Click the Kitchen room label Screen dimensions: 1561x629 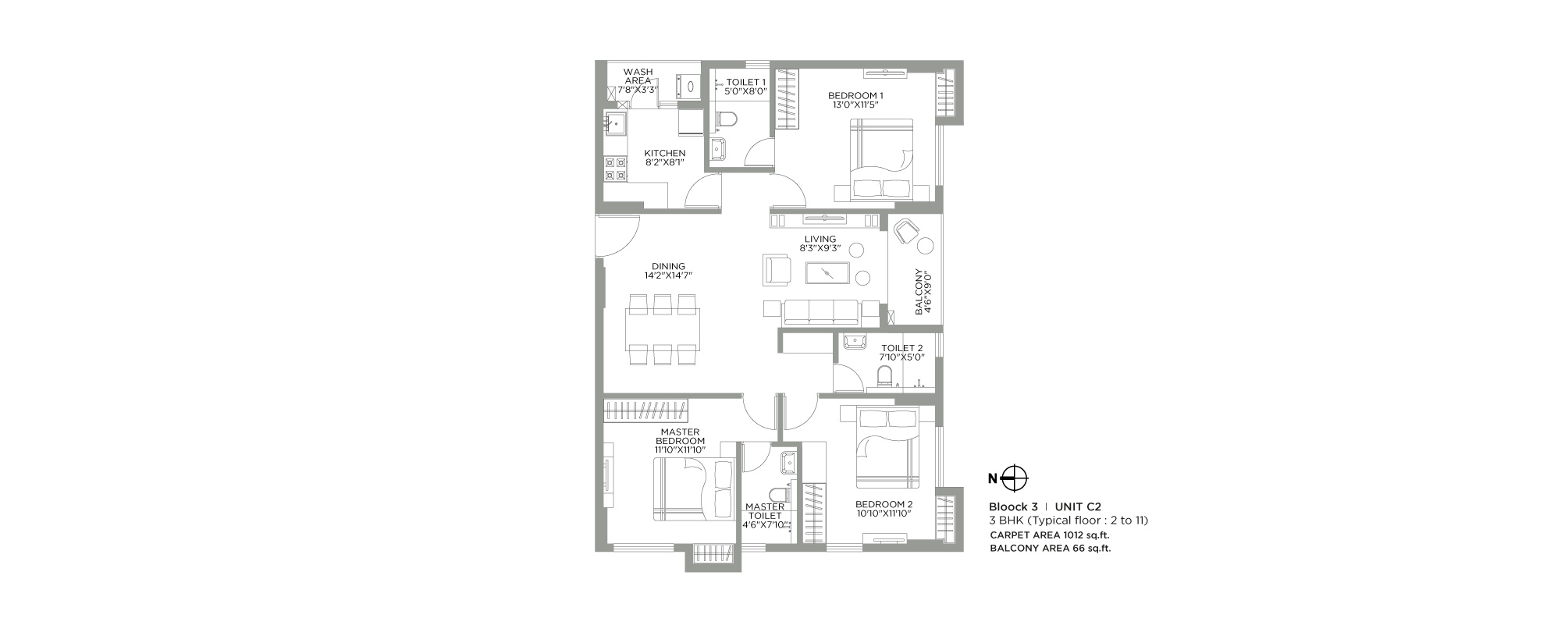coord(665,153)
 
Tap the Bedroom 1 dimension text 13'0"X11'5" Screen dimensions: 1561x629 coord(856,105)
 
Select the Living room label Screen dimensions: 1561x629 coord(820,239)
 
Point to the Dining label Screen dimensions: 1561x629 coord(669,266)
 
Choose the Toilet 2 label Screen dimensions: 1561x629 coord(902,348)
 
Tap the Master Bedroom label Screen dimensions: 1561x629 coord(681,436)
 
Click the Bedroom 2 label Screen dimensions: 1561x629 coord(884,504)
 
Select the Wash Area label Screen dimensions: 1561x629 coord(638,76)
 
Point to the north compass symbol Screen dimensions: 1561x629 coord(1014,478)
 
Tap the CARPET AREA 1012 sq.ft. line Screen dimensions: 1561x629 coord(1050,535)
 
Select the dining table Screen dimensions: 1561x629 coord(663,330)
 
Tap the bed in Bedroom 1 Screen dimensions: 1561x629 coord(881,158)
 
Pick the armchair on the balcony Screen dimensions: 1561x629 coord(905,231)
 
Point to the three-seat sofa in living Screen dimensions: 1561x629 coord(821,311)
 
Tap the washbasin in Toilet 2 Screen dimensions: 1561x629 coord(856,341)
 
